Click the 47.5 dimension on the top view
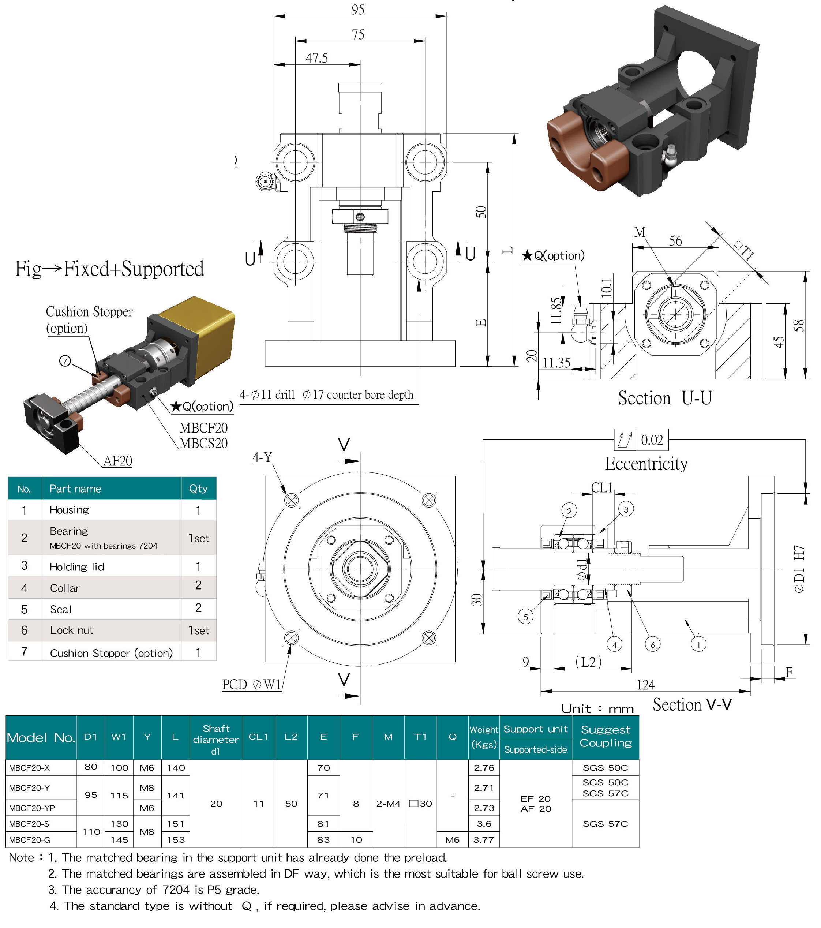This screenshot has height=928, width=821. pos(316,58)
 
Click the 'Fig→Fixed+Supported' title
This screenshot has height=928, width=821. pos(109,269)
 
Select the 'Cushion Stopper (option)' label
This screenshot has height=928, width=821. pos(89,319)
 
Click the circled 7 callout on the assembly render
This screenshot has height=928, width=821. pos(65,361)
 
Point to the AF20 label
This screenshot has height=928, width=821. pos(117,461)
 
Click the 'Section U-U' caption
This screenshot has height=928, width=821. pos(664,398)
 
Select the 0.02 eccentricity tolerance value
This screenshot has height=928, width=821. pos(652,440)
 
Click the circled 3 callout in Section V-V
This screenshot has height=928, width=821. pos(626,509)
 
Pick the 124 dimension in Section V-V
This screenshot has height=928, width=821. pos(645,685)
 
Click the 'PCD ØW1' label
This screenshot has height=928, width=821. pos(251,684)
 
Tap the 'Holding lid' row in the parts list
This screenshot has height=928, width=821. pos(77,566)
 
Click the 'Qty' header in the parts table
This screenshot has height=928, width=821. pos(198,489)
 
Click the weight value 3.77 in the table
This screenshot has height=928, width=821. pos(483,840)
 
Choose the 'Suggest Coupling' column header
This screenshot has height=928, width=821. pos(606,736)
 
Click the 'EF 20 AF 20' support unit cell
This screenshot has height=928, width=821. pos(536,804)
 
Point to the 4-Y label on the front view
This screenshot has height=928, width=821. pos(262,457)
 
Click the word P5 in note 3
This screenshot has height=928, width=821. pos(215,890)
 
